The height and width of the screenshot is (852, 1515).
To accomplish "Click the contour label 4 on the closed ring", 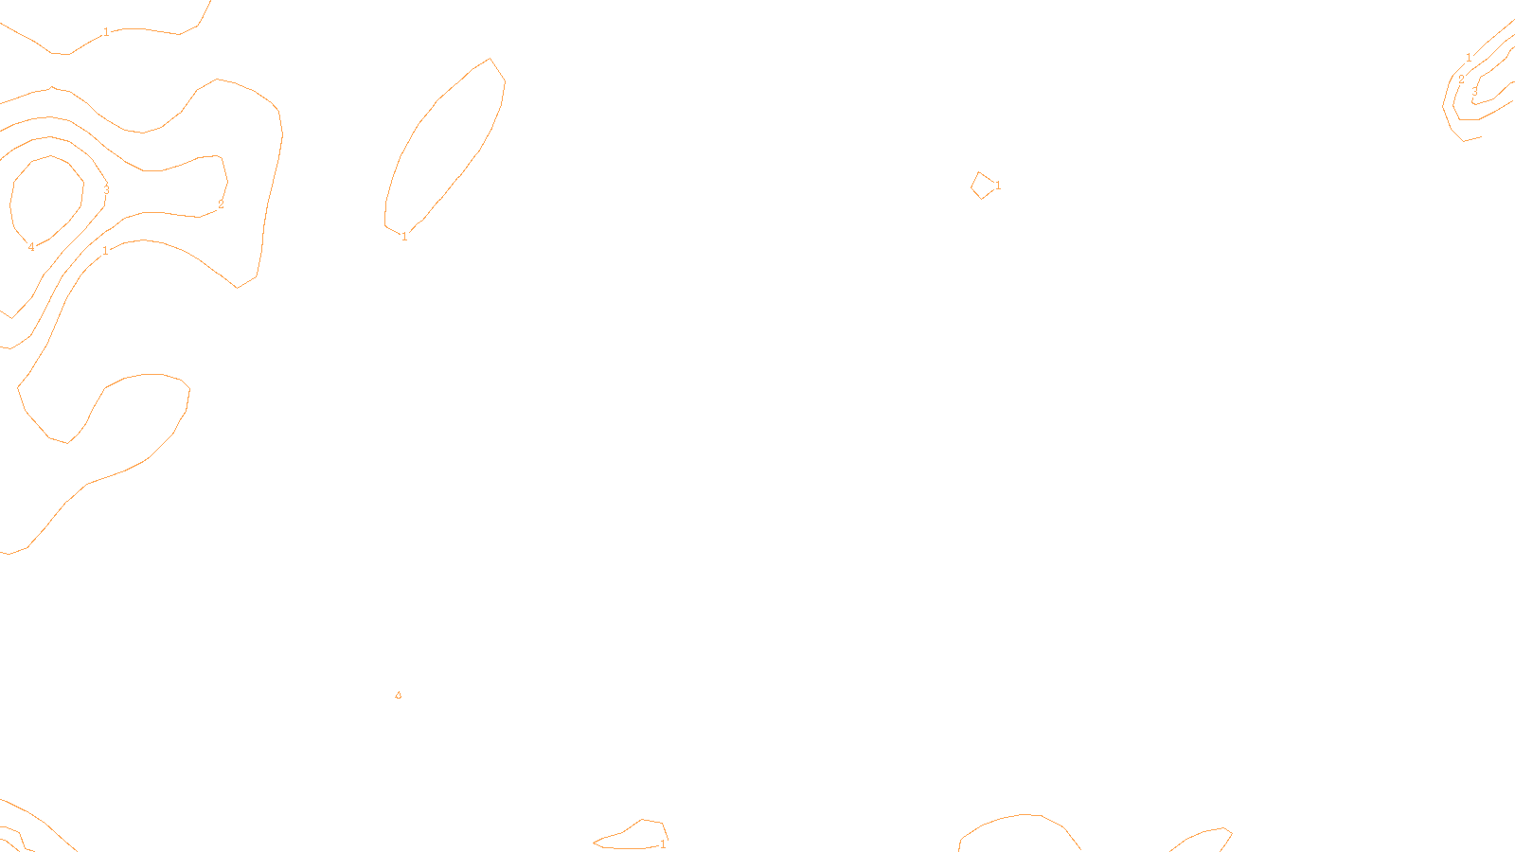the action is click(x=31, y=247).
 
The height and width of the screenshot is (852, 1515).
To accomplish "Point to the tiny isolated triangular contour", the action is click(x=398, y=696).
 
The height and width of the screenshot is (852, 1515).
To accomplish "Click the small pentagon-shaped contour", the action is click(x=983, y=186).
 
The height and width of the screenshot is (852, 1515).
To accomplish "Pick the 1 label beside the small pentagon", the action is click(x=998, y=186).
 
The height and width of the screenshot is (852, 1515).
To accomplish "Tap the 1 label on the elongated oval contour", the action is click(x=404, y=237).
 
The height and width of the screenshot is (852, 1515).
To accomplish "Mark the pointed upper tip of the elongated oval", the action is click(x=490, y=60).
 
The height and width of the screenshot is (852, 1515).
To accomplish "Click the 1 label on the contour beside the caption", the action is click(x=663, y=844).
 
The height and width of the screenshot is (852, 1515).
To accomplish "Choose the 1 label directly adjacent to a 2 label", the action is click(x=1469, y=58).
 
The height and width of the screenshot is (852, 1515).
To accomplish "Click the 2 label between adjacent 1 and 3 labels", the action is click(x=1461, y=80).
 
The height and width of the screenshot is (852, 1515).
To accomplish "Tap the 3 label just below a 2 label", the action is click(x=1474, y=92).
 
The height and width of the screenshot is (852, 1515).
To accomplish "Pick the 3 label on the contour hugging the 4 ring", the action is click(x=106, y=189).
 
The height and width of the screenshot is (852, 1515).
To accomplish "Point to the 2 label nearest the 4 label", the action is click(x=221, y=204).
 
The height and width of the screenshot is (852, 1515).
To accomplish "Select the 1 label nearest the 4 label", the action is click(x=105, y=251).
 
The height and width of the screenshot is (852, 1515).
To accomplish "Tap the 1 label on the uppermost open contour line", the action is click(x=106, y=32).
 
